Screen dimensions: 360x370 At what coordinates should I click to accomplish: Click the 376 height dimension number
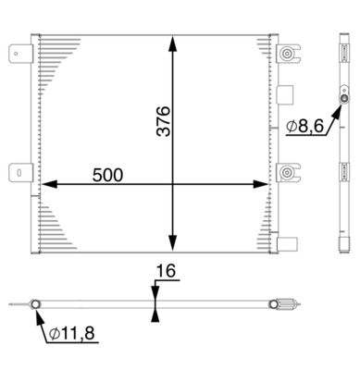[164, 121]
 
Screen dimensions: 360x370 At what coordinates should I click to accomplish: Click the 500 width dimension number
[107, 175]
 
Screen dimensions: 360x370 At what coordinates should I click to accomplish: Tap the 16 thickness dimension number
[166, 271]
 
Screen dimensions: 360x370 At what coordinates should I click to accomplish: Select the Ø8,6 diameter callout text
[304, 126]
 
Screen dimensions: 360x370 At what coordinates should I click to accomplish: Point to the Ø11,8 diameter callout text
[72, 334]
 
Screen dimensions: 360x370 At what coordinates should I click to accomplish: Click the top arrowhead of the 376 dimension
[173, 43]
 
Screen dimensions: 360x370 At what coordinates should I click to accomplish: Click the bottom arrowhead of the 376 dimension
[173, 242]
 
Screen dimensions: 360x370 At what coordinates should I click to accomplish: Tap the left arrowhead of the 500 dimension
[49, 184]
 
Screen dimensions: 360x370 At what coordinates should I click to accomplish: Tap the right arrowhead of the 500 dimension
[261, 184]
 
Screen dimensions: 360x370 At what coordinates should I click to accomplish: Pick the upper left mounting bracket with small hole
[20, 54]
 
